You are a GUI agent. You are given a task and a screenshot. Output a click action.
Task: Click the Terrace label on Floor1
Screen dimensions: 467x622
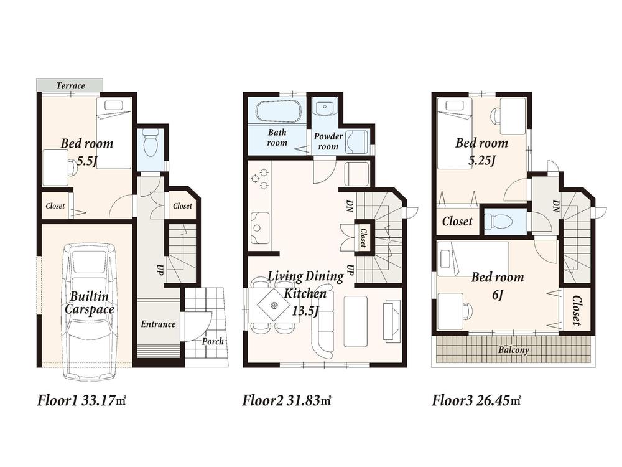pos(70,86)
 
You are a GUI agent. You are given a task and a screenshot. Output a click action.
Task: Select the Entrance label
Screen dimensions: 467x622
pos(157,324)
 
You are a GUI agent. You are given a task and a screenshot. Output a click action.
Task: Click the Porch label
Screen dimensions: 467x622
pos(213,341)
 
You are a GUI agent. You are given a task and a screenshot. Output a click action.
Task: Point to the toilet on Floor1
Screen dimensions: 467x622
pos(149,145)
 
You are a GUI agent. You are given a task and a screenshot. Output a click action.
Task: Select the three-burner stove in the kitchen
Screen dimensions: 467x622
pos(260,179)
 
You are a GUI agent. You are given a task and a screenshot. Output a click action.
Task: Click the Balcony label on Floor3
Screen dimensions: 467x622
pos(514,350)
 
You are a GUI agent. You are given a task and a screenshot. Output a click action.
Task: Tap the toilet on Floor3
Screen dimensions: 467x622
pos(500,220)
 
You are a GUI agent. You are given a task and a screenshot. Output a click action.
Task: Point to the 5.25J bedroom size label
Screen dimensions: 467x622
pos(481,161)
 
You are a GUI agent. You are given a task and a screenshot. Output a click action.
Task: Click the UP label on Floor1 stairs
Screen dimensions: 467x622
pos(159,271)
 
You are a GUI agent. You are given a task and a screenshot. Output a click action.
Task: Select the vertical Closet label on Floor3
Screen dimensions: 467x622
pos(576,311)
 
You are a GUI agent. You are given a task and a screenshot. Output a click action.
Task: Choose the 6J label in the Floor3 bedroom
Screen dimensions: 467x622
pos(497,295)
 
